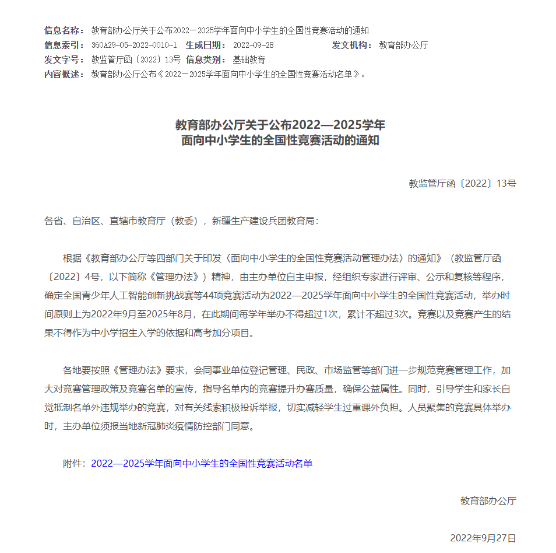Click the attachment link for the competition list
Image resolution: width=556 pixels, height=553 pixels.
click(202, 463)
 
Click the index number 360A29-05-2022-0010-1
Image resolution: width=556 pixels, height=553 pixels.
click(134, 45)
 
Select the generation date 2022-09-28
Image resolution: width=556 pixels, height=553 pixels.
click(253, 45)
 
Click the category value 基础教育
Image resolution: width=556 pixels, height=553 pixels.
click(249, 60)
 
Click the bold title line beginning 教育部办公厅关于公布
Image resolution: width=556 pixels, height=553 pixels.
click(280, 125)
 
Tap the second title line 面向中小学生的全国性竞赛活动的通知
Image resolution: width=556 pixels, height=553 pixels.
click(280, 141)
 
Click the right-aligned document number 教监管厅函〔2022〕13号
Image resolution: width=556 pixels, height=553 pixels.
click(462, 183)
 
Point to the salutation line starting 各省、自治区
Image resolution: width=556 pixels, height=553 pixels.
click(182, 221)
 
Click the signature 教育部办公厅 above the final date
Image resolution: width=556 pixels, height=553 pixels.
click(488, 501)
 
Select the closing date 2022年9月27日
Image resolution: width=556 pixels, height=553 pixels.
click(483, 538)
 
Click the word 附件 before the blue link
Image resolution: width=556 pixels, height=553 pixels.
click(74, 463)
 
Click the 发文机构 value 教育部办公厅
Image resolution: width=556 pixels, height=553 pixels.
click(403, 45)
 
